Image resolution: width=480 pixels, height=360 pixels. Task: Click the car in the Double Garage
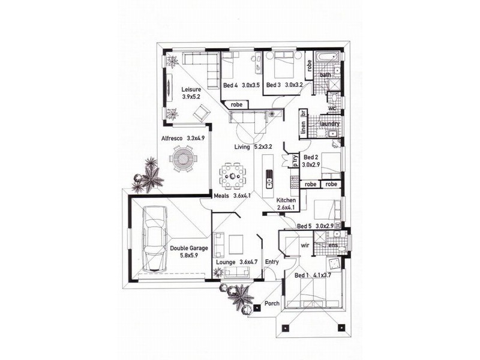coord(155,239)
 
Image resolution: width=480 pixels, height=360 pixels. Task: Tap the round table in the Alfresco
coord(183,158)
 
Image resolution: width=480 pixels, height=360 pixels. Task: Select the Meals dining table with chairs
coord(233,176)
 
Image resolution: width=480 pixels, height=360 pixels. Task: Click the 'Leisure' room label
coord(191,89)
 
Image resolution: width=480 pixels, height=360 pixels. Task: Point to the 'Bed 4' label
coord(230,85)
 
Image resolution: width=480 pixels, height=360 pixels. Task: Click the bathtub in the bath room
coord(327,58)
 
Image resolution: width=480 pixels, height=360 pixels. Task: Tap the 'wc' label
coord(332,108)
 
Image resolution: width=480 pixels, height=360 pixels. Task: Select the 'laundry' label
coord(329,124)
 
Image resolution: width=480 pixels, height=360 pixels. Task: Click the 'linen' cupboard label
coord(304,127)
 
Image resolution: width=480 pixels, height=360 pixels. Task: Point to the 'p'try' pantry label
coord(295,160)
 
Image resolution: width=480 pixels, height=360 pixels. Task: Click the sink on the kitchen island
coord(269,178)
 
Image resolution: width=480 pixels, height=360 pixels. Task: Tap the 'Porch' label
coord(272,303)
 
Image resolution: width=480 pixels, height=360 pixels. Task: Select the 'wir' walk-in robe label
coord(305,245)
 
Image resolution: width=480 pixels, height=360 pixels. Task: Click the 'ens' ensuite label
coord(333,245)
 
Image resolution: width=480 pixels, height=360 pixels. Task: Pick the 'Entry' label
coord(272,262)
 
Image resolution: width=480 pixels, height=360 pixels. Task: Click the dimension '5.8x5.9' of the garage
coord(189,254)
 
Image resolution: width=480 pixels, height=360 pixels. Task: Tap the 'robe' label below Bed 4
coord(236,104)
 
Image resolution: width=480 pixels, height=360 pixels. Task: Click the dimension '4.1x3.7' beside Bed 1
coord(322,275)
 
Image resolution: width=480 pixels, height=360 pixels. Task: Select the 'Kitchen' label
coord(286,200)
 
